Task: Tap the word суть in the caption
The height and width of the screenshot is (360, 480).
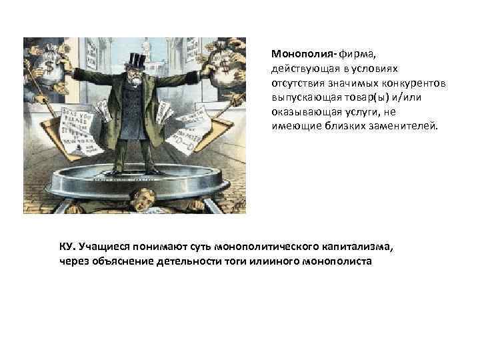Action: tap(200, 247)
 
